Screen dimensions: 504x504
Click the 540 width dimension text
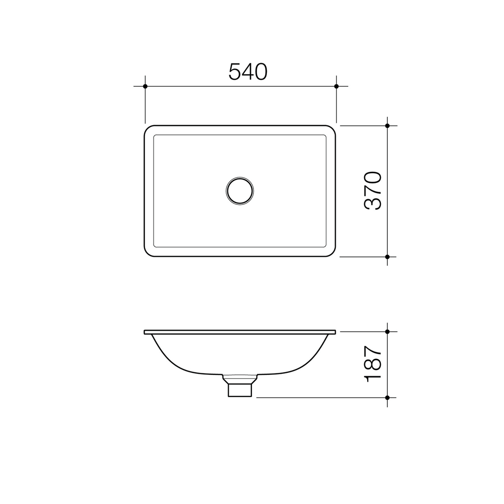(x=248, y=71)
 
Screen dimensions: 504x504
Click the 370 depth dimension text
(x=373, y=190)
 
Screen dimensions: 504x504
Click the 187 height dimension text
(x=373, y=364)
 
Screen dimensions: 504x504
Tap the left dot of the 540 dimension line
(x=145, y=86)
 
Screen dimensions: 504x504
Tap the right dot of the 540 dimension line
(x=336, y=86)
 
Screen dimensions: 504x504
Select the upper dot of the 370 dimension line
(x=387, y=126)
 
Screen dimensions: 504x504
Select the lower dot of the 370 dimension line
(x=387, y=257)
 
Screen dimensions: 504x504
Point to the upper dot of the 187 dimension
(x=387, y=332)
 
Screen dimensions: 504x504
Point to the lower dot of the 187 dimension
(x=387, y=398)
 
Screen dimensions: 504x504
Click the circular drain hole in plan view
(x=240, y=191)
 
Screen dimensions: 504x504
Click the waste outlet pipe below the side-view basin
(x=240, y=390)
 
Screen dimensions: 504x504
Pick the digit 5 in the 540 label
(x=234, y=71)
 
